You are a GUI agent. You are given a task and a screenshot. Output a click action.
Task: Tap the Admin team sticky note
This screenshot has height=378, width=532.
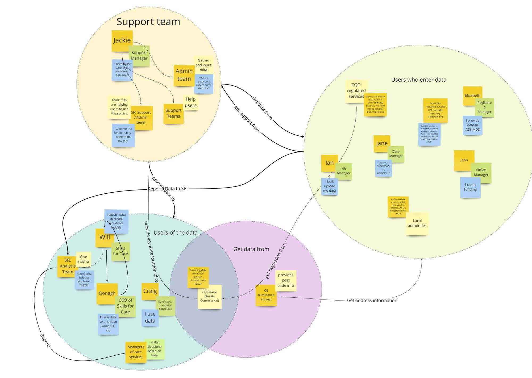pos(184,75)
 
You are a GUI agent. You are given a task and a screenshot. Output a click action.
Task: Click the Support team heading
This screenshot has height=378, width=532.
pos(148,22)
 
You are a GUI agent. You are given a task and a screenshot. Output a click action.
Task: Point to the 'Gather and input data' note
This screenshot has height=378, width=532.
pos(203,65)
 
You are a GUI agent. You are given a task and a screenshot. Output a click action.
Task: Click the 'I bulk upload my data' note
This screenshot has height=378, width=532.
pos(330,186)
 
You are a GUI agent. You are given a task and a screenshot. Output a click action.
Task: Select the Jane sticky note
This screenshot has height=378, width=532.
pos(381,143)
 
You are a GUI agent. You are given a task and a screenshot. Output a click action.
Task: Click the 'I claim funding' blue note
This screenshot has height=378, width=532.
pos(470,187)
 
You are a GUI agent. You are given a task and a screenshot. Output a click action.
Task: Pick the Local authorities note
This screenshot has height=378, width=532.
pos(417,223)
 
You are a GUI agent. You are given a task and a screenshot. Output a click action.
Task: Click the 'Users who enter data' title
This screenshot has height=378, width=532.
pos(418,80)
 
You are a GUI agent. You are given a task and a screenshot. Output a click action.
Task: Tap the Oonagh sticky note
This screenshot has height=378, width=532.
pos(107,293)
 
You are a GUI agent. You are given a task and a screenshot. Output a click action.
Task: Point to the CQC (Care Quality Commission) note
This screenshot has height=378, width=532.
pos(210,297)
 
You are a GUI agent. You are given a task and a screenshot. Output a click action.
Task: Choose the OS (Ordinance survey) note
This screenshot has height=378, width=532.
pos(266,295)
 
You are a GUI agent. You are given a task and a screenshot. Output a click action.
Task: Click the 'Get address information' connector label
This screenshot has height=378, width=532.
pos(372,300)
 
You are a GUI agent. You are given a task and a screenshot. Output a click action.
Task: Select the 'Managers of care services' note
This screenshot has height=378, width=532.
pos(136,352)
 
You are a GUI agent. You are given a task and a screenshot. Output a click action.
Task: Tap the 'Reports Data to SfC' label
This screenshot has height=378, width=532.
pos(168,189)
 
